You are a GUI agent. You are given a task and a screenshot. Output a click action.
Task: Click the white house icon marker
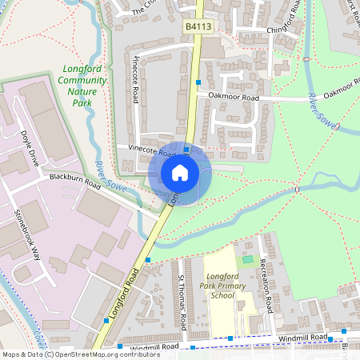180,172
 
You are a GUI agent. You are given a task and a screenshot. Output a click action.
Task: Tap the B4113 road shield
198,27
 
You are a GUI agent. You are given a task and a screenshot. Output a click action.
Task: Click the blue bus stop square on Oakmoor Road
198,82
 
